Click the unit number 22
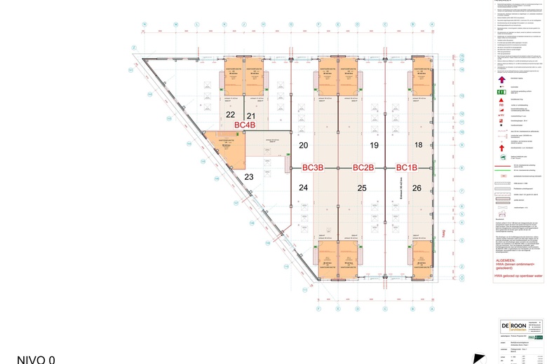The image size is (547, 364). tap(230, 115)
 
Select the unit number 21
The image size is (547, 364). tap(250, 115)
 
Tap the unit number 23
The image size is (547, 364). tap(248, 177)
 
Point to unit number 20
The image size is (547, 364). tap(303, 146)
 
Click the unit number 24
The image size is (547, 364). tap(303, 188)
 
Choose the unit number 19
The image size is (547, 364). tap(374, 146)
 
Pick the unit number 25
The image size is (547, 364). tap(362, 188)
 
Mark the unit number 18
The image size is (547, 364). tap(418, 146)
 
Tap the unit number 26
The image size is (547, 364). tap(417, 188)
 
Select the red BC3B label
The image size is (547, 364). tap(313, 168)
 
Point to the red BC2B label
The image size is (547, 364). tap(363, 168)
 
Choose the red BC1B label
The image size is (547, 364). tap(407, 168)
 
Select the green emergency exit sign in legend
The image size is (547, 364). tap(501, 92)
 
